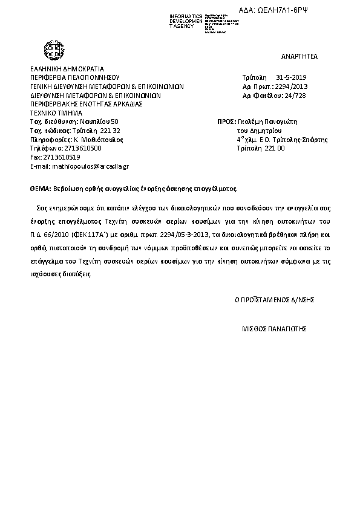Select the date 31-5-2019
tap(292, 78)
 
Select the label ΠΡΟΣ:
tap(225, 122)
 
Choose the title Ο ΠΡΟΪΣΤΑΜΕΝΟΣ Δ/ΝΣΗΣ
tap(275, 299)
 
